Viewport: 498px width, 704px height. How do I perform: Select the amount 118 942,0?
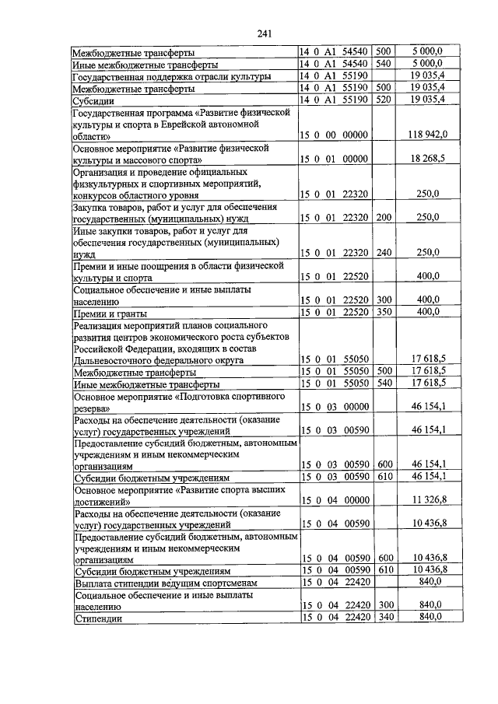point(427,135)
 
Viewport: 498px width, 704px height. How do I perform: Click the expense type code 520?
point(383,100)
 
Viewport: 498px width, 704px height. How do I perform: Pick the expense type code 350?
point(383,312)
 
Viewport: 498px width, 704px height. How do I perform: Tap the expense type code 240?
point(383,252)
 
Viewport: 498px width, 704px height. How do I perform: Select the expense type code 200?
point(383,217)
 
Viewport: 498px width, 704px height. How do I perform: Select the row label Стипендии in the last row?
point(99,618)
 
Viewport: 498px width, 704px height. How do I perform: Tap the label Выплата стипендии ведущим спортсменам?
point(165,583)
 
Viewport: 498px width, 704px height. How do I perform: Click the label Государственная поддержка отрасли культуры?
point(172,76)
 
